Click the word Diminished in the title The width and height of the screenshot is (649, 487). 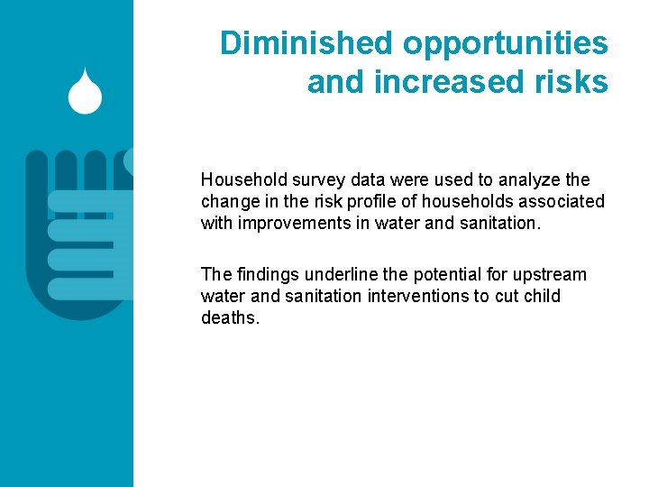tap(306, 43)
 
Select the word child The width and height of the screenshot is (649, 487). tap(541, 296)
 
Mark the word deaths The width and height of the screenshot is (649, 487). tap(229, 317)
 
